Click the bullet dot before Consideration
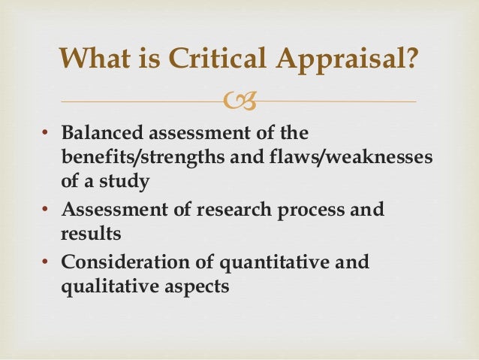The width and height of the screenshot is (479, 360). point(45,263)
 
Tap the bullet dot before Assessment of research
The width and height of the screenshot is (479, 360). point(45,209)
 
